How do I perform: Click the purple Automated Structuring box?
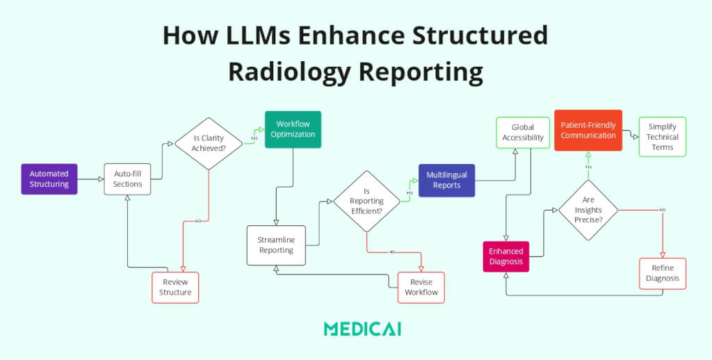coord(49,179)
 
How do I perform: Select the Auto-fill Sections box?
coord(127,179)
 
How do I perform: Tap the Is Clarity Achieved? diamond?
coord(209,143)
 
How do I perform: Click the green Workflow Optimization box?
coord(293,129)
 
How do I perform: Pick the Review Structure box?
coord(175,287)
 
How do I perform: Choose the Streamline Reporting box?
coord(275,245)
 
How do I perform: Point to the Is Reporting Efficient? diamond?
coord(366,201)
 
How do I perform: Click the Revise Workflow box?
coord(421,287)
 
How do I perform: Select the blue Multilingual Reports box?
coord(446,181)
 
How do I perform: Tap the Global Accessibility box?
coord(523,133)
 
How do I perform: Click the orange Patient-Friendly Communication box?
coord(588,131)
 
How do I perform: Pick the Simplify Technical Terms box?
coord(663,137)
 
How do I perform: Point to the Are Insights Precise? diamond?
coord(588,210)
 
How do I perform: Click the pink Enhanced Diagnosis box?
coord(506,256)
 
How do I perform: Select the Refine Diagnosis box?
coord(662,274)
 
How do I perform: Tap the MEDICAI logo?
coord(362,329)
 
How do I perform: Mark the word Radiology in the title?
coord(300,72)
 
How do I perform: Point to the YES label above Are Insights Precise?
coord(588,167)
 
